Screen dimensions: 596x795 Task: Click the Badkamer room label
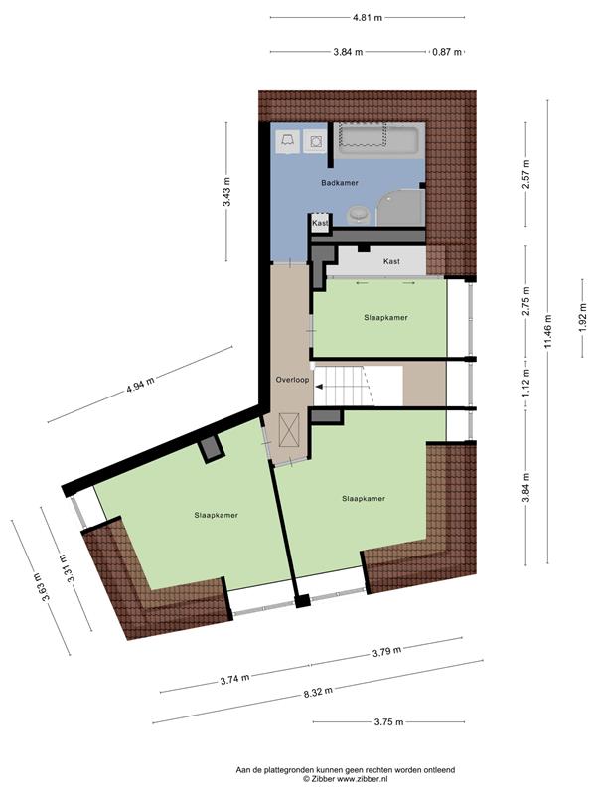pyautogui.click(x=340, y=183)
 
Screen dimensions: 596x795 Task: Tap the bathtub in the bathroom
pyautogui.click(x=378, y=140)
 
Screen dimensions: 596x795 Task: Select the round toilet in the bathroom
pyautogui.click(x=359, y=214)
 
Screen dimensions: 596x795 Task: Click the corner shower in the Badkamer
pyautogui.click(x=400, y=208)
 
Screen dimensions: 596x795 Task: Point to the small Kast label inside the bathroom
pyautogui.click(x=320, y=223)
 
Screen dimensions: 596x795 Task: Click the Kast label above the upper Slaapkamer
pyautogui.click(x=391, y=261)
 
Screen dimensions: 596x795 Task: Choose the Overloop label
pyautogui.click(x=292, y=380)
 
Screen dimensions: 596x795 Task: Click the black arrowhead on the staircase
pyautogui.click(x=319, y=387)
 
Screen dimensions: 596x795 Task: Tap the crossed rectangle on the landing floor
pyautogui.click(x=289, y=430)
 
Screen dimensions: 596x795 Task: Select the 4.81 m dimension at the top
pyautogui.click(x=368, y=17)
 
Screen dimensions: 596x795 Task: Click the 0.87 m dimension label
pyautogui.click(x=447, y=52)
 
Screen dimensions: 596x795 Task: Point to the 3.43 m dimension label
pyautogui.click(x=226, y=191)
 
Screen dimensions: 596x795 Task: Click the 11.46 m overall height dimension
pyautogui.click(x=548, y=332)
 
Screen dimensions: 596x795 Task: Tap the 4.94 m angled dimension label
pyautogui.click(x=140, y=385)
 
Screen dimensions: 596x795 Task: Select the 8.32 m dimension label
pyautogui.click(x=318, y=691)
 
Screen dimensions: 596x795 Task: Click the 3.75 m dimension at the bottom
pyautogui.click(x=389, y=722)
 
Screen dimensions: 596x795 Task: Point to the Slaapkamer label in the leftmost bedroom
pyautogui.click(x=216, y=515)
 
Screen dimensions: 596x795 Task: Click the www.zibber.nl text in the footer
pyautogui.click(x=366, y=779)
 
